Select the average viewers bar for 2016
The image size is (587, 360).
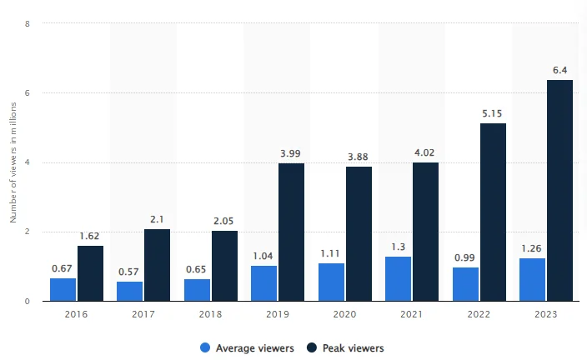tap(63, 289)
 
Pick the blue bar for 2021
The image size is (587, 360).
tap(399, 278)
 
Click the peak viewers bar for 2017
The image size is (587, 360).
tap(157, 264)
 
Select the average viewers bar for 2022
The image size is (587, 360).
tap(465, 283)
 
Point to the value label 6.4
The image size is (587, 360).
tap(559, 69)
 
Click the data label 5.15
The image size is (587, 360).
tap(493, 112)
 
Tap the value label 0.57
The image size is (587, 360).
tap(129, 271)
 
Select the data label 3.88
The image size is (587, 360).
tap(359, 157)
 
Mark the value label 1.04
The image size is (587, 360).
tap(263, 255)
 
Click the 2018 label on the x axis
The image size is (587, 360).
tap(210, 315)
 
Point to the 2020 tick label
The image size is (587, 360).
tap(344, 315)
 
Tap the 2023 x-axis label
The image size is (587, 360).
tap(546, 315)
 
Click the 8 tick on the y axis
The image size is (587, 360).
tap(28, 23)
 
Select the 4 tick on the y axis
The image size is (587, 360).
tap(28, 162)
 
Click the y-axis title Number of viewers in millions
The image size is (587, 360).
tap(13, 162)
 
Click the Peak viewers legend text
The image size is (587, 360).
tap(354, 347)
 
